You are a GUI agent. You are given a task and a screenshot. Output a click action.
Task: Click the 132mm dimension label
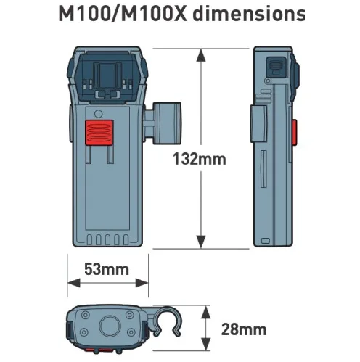200,159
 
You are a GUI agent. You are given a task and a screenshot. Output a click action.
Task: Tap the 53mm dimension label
107,269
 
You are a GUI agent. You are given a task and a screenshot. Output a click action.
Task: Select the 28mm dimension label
244,329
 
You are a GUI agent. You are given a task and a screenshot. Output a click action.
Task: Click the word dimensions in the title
249,14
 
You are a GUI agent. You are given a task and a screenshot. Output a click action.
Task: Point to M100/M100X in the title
123,15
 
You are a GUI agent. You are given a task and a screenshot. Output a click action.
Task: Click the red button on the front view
99,133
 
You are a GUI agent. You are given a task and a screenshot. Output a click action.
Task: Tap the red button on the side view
294,132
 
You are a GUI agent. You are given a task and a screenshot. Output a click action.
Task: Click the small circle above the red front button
99,114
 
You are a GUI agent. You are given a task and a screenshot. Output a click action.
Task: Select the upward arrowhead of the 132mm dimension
201,55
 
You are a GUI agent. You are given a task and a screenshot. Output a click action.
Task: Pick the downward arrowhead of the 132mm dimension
201,242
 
